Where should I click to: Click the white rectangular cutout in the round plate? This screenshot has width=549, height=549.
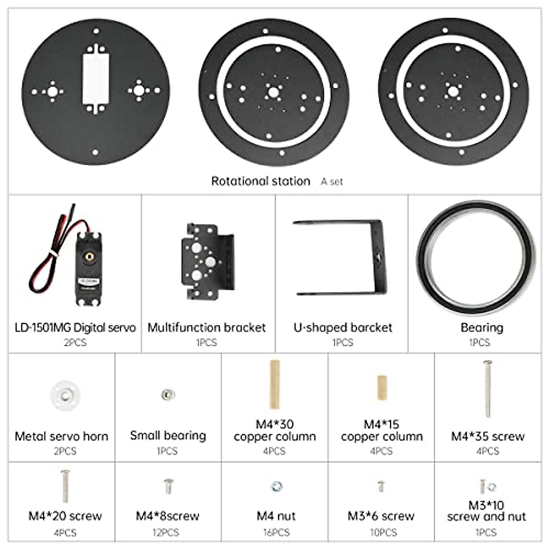95,78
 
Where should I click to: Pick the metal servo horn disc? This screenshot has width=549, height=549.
65,394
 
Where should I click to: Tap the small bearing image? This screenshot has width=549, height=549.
168,393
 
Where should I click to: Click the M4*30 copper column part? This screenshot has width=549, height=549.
274,385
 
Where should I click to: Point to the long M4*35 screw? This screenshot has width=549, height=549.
488,389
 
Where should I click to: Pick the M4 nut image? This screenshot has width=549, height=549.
276,486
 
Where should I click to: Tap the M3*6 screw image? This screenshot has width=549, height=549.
381,486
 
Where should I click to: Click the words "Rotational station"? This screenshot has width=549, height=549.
260,181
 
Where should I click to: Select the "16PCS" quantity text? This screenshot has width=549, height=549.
276,533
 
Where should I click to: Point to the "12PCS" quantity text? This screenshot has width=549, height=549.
166,533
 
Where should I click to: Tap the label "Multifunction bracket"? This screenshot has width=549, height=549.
207,328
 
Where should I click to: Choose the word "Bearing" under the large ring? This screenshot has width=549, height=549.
482,328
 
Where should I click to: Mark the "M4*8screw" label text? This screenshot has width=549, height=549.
167,516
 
